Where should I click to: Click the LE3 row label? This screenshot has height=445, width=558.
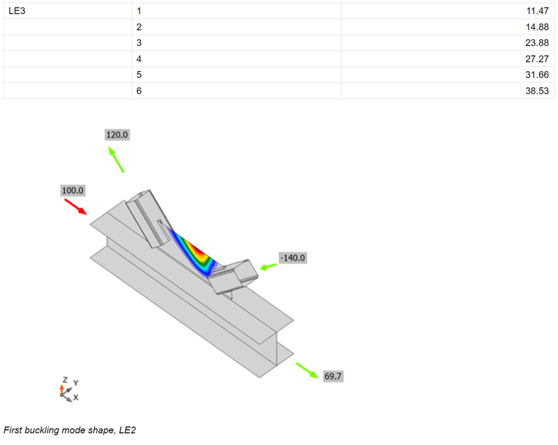pyautogui.click(x=17, y=10)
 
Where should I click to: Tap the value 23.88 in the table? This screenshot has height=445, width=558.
pyautogui.click(x=537, y=43)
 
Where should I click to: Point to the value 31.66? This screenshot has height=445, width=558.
pyautogui.click(x=537, y=75)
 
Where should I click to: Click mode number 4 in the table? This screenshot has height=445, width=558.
pyautogui.click(x=139, y=59)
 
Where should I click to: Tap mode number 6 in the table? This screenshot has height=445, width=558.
pyautogui.click(x=139, y=91)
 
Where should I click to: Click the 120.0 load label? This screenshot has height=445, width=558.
pyautogui.click(x=117, y=135)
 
